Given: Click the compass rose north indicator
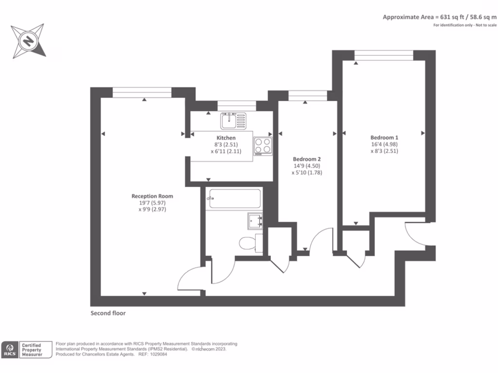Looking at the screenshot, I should (x=29, y=40).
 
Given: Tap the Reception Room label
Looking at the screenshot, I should (x=152, y=196).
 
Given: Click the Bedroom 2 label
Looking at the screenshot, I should (x=306, y=159).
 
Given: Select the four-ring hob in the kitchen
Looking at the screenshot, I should (x=263, y=145).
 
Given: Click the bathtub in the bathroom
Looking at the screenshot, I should (x=233, y=199).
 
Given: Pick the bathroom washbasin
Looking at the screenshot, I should (x=255, y=221).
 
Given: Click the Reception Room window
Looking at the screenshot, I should (x=142, y=90).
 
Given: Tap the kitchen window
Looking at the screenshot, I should (x=236, y=103).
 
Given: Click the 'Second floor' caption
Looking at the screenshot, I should (x=108, y=313).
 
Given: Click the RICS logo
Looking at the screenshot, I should (x=9, y=350).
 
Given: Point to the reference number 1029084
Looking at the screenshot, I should (x=160, y=355).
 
